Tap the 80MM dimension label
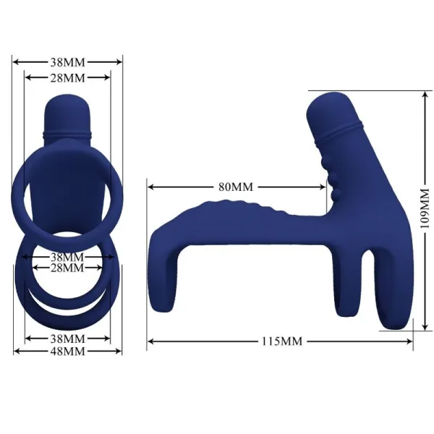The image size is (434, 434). [x=236, y=186]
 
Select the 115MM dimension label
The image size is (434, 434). [x=281, y=340]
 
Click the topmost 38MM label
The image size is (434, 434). [x=67, y=61]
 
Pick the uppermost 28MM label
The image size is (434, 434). [x=67, y=77]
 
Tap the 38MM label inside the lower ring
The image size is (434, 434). [x=67, y=257]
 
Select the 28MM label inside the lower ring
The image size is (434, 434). [x=67, y=268]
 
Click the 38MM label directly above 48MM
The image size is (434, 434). [x=67, y=338]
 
